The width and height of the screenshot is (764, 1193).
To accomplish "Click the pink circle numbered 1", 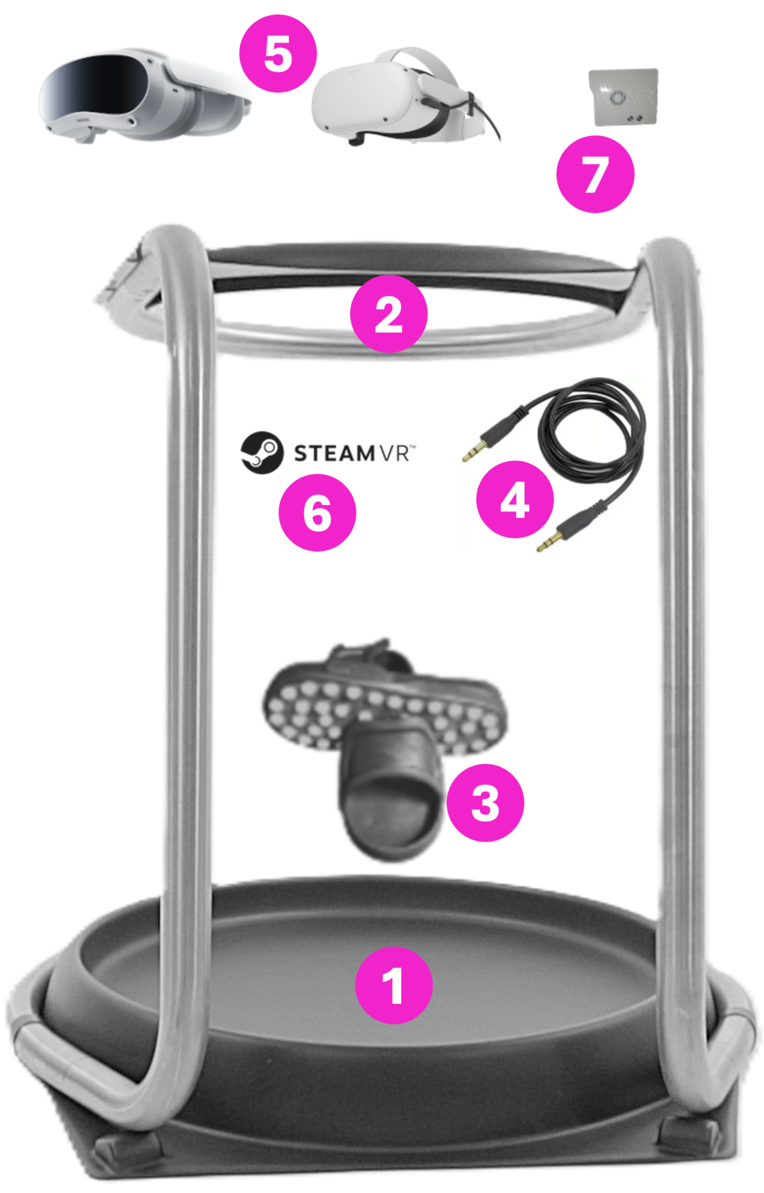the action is (394, 985).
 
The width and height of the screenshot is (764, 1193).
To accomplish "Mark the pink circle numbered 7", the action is (596, 174).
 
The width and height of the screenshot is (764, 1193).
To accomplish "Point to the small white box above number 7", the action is (623, 97).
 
